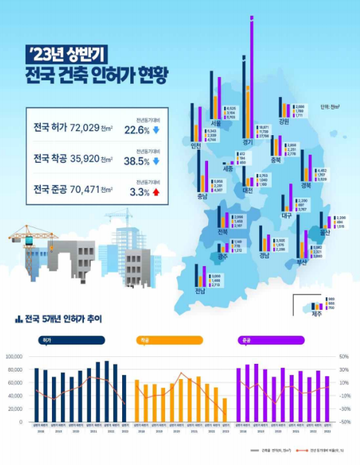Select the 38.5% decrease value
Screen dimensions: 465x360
(x=137, y=160)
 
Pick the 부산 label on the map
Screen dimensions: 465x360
(x=302, y=261)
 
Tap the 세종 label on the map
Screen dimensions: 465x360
(x=228, y=168)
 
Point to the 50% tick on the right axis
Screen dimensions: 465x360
(x=344, y=356)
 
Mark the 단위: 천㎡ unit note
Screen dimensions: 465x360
(x=330, y=107)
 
